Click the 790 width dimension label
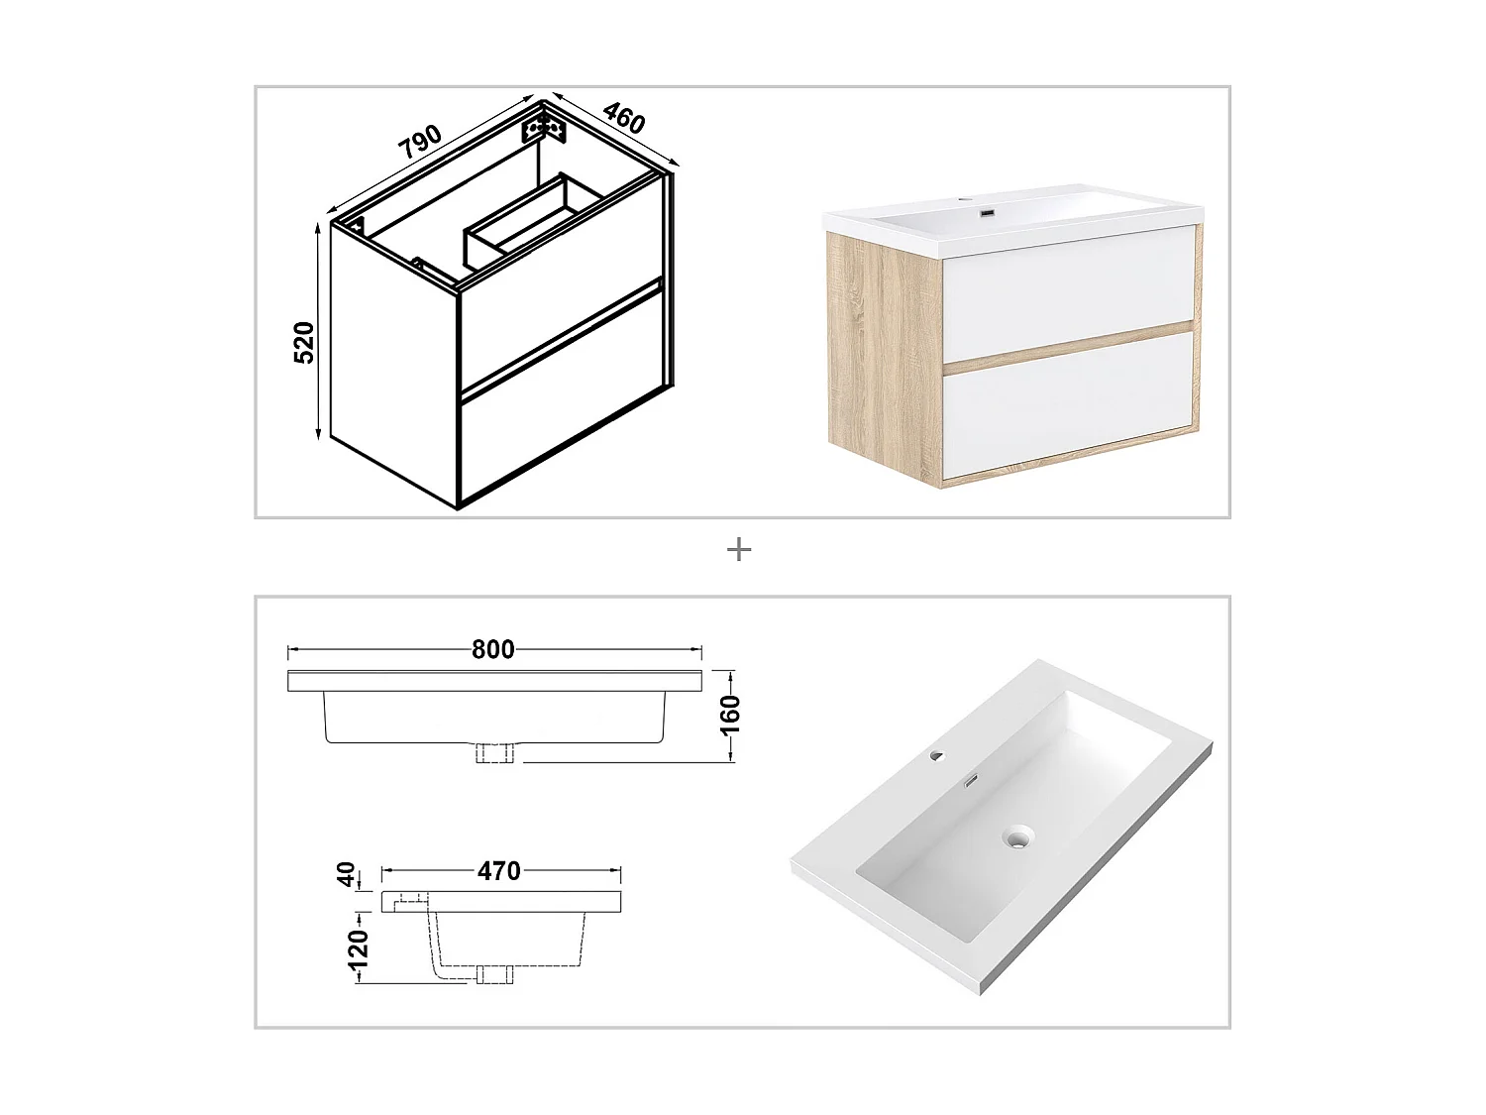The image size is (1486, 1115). (x=420, y=143)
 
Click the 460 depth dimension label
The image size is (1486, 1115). (x=624, y=119)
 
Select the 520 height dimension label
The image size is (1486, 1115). (x=304, y=342)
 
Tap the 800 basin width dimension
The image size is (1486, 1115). (x=492, y=649)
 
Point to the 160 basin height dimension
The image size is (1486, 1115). (x=730, y=714)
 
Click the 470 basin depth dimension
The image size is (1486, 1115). (x=498, y=871)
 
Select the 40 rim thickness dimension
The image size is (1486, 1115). (x=346, y=874)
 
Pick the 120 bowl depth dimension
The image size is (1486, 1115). (x=359, y=948)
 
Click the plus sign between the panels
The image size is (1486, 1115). (x=739, y=550)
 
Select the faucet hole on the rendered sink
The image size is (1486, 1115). (x=936, y=756)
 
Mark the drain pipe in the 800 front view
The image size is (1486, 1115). (x=494, y=752)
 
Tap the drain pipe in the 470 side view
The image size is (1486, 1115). (x=494, y=974)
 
